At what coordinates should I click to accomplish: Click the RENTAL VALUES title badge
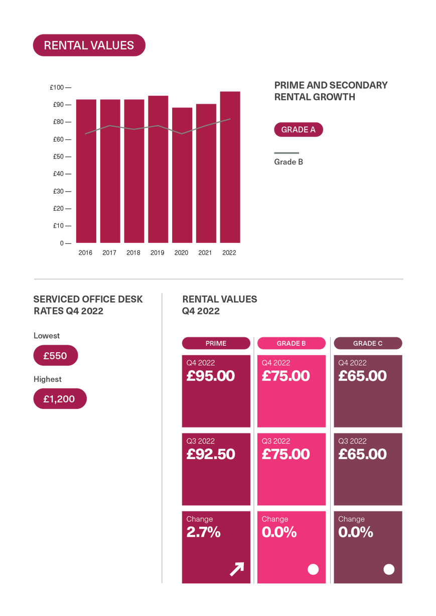89,45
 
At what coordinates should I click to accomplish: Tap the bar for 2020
182,175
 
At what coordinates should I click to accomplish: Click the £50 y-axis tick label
59,157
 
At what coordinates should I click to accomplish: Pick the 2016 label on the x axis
85,253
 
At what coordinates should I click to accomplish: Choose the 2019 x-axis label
157,253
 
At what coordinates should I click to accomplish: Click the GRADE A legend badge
298,130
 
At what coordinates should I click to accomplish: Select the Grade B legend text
288,162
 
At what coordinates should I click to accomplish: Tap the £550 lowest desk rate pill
55,356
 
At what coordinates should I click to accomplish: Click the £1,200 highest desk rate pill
59,399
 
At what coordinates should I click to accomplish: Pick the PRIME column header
216,344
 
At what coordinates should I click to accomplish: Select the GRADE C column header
368,344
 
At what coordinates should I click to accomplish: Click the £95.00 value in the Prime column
211,376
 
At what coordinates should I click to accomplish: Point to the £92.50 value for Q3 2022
211,454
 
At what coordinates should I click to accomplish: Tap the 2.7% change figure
204,533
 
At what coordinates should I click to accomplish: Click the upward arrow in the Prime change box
237,569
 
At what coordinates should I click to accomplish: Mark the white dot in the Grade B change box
313,569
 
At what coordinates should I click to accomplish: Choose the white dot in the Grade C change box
389,569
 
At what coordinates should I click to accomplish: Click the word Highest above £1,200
48,379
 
